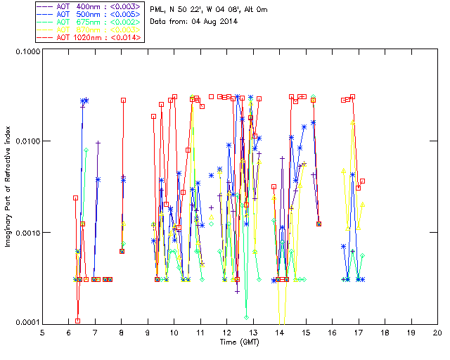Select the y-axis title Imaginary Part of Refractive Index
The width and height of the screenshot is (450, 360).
(8, 187)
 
